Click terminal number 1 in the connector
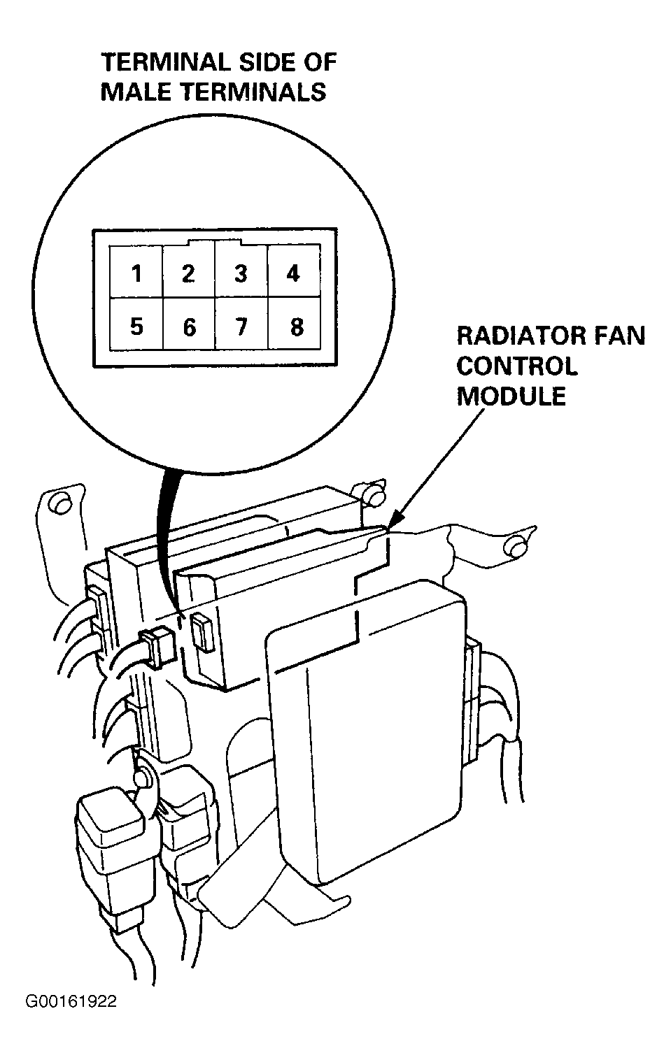pyautogui.click(x=137, y=273)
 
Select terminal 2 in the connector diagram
pyautogui.click(x=188, y=273)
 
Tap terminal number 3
pyautogui.click(x=241, y=273)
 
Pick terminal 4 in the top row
pyautogui.click(x=293, y=273)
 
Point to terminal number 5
pyautogui.click(x=136, y=326)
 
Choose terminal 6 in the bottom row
pyautogui.click(x=190, y=327)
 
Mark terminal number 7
pyautogui.click(x=241, y=327)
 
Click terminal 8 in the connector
pyautogui.click(x=297, y=327)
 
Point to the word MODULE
pyautogui.click(x=511, y=396)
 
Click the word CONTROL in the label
pyautogui.click(x=517, y=366)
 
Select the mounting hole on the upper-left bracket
pyautogui.click(x=60, y=504)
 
